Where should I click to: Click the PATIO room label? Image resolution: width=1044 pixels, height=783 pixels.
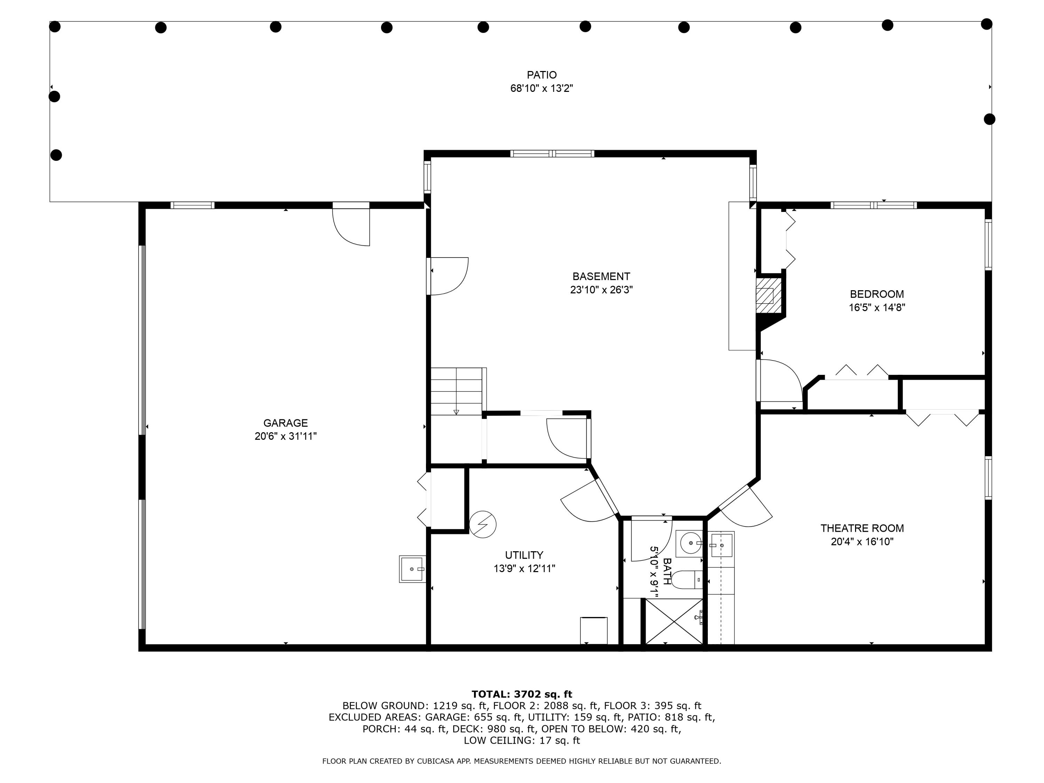(x=541, y=74)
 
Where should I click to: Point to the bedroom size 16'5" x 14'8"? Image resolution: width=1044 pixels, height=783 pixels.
(x=877, y=308)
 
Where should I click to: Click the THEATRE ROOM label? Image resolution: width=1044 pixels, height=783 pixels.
(x=862, y=528)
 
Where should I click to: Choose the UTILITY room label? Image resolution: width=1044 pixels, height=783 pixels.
(x=524, y=555)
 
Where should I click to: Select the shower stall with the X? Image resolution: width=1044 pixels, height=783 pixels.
(x=673, y=621)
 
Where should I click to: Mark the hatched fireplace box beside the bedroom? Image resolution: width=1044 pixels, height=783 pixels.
(x=765, y=296)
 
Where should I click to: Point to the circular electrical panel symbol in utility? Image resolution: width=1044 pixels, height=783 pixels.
(x=483, y=524)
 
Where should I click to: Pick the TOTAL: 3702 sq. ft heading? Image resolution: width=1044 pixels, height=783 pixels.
(x=522, y=694)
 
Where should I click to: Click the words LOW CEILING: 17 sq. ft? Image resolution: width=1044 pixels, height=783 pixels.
(x=522, y=741)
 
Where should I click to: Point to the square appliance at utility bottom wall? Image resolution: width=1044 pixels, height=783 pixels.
(x=593, y=630)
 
